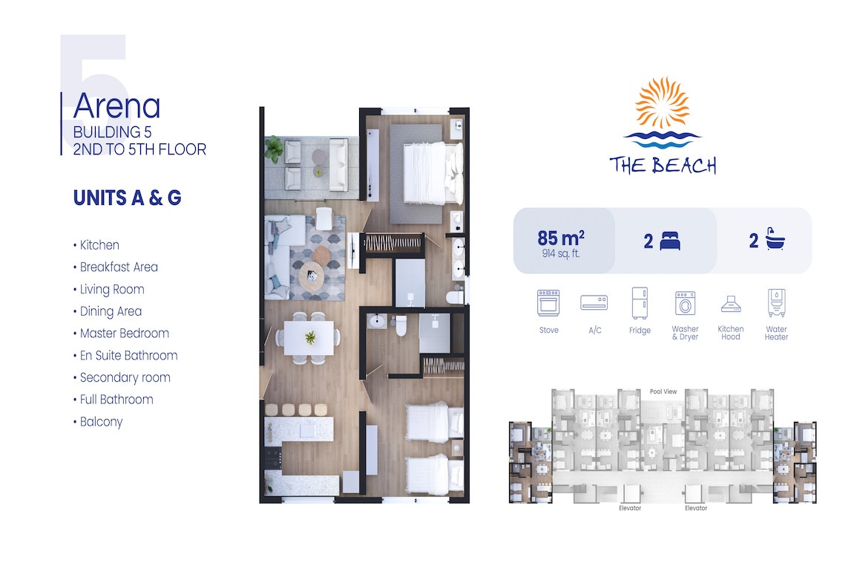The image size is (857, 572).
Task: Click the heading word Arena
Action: click(x=117, y=105)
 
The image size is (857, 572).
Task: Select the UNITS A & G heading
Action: click(x=128, y=198)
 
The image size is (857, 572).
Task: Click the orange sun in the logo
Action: click(x=662, y=103)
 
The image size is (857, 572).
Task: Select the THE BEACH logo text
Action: click(x=663, y=165)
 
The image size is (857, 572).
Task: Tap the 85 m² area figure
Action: click(x=561, y=238)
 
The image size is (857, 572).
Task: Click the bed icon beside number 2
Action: click(x=670, y=241)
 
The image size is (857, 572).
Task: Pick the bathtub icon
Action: click(x=775, y=239)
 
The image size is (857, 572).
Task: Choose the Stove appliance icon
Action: click(x=548, y=303)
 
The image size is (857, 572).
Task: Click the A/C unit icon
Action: click(x=594, y=302)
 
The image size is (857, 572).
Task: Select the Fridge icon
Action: click(x=640, y=302)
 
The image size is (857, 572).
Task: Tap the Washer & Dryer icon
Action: click(x=685, y=303)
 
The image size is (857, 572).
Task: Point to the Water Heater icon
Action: click(x=776, y=303)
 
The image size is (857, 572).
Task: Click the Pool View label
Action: click(x=663, y=391)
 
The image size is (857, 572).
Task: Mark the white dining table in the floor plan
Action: click(x=309, y=338)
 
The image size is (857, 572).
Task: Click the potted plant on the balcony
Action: click(x=275, y=148)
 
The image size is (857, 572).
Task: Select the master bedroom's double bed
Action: click(x=433, y=174)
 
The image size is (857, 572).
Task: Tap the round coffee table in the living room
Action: click(x=311, y=276)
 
